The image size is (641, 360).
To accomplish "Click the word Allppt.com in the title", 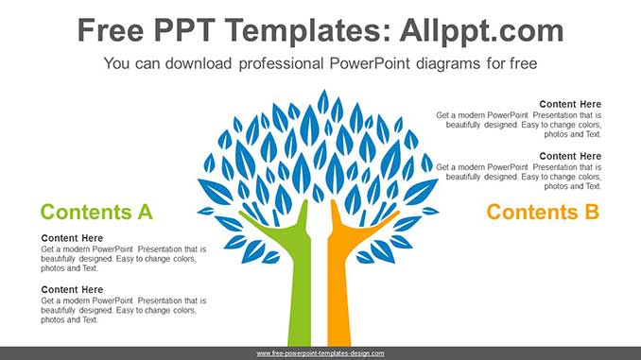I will (482, 31).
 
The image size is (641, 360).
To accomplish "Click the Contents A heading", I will (96, 212).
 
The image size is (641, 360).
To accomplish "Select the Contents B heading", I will (543, 212).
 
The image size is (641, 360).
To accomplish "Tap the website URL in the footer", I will (320, 353).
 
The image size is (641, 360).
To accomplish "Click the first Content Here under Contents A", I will (72, 238).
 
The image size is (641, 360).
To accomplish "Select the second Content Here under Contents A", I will (72, 289).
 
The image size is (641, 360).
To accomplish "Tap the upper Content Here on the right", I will (570, 104).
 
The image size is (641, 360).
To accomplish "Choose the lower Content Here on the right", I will (570, 156).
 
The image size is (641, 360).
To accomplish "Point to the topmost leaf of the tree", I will (322, 100).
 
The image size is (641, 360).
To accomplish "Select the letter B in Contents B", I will (591, 212).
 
